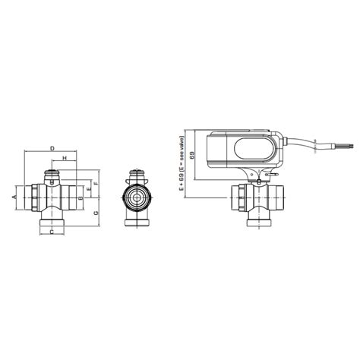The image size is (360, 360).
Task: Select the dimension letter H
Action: click(x=65, y=158)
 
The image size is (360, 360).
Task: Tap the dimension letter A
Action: click(x=14, y=197)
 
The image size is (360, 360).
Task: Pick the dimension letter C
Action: click(x=51, y=232)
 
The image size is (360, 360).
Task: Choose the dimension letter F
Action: click(x=97, y=183)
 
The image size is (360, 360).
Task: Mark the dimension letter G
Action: click(x=96, y=213)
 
